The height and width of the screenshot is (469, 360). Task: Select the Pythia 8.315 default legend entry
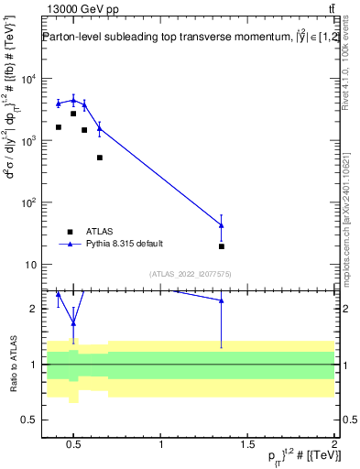pyautogui.click(x=124, y=244)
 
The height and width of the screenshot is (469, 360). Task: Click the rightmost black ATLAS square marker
pyautogui.click(x=222, y=246)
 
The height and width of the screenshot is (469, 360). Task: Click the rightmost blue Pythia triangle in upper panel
pyautogui.click(x=222, y=225)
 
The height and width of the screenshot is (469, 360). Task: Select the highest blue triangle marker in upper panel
pyautogui.click(x=73, y=100)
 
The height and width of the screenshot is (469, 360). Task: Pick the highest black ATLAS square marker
pyautogui.click(x=73, y=114)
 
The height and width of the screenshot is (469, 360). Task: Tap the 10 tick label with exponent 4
pyautogui.click(x=27, y=78)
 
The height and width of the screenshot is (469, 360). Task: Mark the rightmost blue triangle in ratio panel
pyautogui.click(x=222, y=300)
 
